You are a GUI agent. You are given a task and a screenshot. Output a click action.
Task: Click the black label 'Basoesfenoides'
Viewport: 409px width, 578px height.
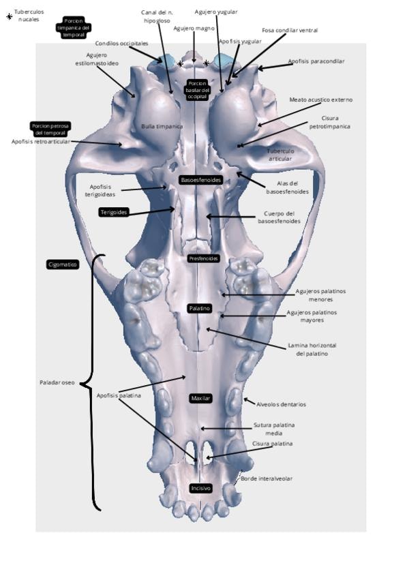200,180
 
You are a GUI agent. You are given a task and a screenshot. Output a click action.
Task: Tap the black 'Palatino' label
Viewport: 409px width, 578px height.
200,309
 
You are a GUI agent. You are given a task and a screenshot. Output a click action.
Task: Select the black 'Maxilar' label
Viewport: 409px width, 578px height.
200,398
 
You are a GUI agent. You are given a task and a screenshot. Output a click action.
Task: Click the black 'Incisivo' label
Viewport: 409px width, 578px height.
200,488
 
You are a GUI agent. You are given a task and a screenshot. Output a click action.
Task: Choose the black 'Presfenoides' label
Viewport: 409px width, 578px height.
203,259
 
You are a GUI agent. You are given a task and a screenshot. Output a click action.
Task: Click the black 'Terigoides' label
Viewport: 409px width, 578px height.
115,212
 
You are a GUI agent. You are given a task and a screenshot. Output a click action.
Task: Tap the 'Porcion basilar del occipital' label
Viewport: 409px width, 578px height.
196,90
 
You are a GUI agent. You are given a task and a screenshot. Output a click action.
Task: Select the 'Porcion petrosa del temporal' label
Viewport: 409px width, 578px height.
51,129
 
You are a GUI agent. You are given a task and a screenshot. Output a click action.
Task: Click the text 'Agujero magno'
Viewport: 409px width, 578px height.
194,29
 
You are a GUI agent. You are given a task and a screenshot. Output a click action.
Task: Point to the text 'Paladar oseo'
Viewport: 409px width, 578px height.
57,383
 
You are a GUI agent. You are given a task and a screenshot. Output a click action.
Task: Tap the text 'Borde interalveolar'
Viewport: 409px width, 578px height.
267,478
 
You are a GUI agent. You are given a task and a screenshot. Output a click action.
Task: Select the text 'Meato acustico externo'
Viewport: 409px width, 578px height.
321,100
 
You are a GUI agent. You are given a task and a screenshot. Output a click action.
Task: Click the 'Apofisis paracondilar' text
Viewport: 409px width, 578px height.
316,61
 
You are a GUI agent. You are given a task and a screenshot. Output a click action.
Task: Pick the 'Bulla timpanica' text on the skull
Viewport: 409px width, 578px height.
162,127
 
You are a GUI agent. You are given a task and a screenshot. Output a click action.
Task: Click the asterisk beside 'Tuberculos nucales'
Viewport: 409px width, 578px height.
9,16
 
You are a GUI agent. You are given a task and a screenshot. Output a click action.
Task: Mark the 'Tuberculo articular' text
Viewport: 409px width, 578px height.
280,155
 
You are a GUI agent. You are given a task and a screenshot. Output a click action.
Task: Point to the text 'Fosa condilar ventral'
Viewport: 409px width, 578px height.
290,30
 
